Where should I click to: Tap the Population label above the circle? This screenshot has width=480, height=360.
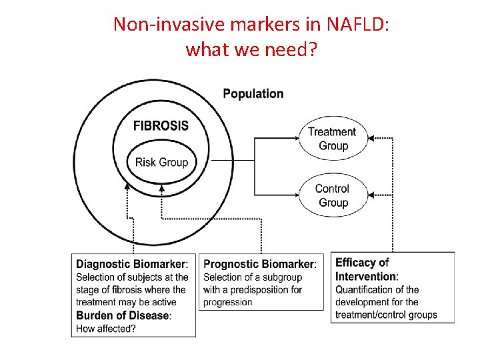click(x=253, y=94)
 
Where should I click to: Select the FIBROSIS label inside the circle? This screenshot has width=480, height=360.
click(x=161, y=125)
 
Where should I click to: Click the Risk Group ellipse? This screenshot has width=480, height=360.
click(x=161, y=162)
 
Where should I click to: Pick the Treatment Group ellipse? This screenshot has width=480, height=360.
click(x=333, y=139)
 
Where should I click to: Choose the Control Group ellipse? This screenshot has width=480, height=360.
click(x=332, y=195)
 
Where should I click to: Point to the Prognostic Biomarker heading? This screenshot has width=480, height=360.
click(x=259, y=264)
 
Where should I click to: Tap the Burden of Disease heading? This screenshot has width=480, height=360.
click(x=123, y=315)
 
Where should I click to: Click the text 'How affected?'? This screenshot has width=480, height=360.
click(x=107, y=327)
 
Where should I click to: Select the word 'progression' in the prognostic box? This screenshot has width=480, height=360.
click(x=228, y=302)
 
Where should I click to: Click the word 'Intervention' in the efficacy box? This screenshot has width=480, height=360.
click(x=366, y=277)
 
